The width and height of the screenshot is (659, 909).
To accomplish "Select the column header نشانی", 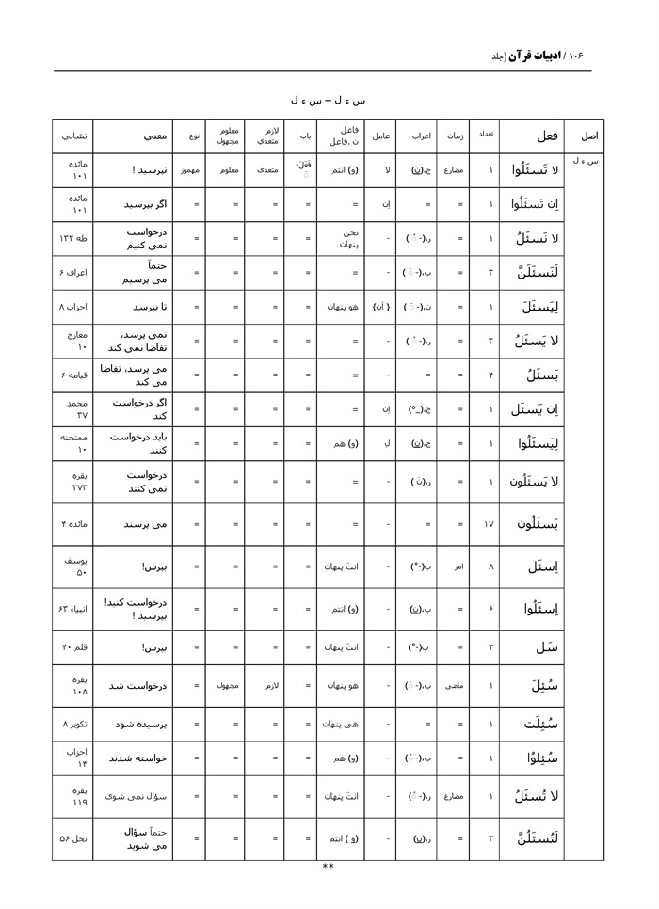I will click(x=72, y=136).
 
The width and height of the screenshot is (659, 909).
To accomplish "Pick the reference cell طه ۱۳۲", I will click(x=72, y=239).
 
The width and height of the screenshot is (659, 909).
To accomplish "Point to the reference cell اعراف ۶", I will click(x=72, y=273).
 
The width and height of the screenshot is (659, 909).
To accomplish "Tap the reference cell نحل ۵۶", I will click(x=72, y=839).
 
